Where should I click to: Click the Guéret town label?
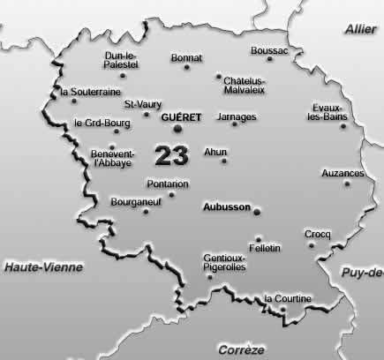(183, 116)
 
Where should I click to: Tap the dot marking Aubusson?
(257, 211)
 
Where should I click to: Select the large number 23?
(171, 156)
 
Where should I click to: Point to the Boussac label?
(269, 50)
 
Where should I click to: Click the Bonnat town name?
(187, 58)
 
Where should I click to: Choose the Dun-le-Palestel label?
(122, 58)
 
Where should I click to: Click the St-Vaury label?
(142, 104)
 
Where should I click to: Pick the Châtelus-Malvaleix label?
(245, 84)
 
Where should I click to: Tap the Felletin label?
(265, 248)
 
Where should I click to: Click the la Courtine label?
(288, 298)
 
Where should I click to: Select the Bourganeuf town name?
(133, 202)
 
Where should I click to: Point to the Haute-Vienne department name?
(41, 266)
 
